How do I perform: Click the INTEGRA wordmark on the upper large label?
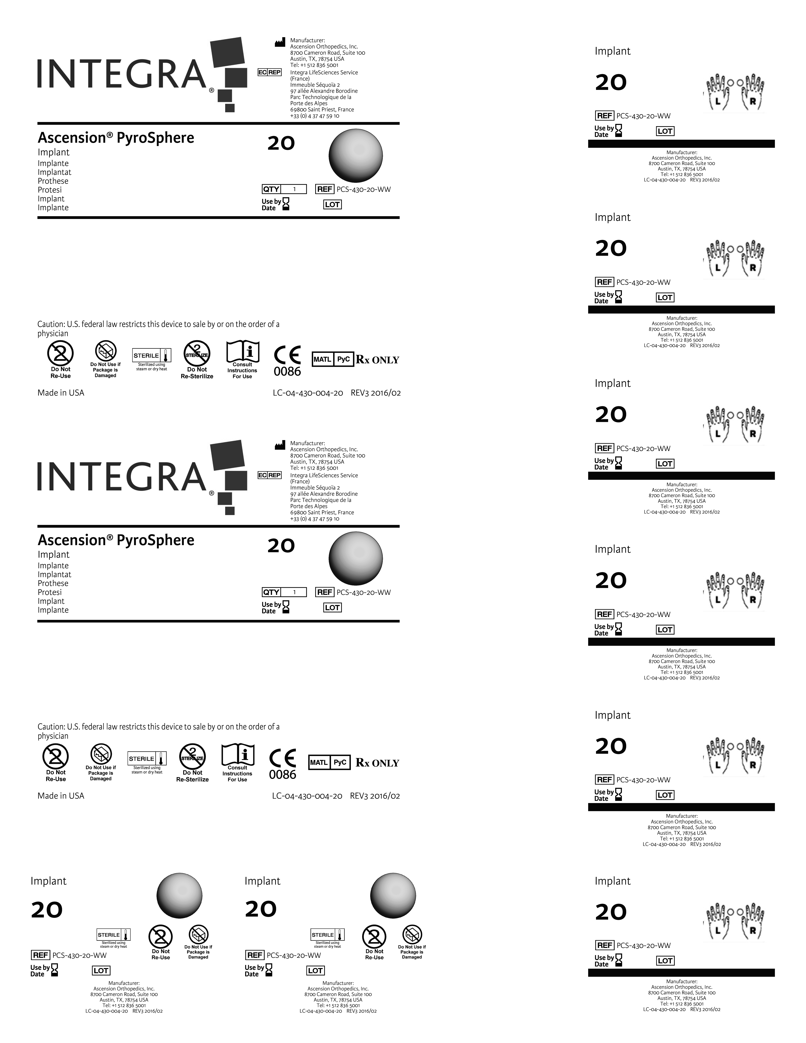(122, 74)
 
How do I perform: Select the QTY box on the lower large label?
(284, 592)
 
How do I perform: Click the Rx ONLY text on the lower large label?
(377, 763)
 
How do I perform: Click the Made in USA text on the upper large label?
(61, 393)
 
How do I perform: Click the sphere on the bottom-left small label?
(180, 895)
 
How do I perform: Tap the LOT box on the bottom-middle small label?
(315, 970)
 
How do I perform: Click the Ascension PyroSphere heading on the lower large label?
(116, 540)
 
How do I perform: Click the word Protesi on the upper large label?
(50, 190)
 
